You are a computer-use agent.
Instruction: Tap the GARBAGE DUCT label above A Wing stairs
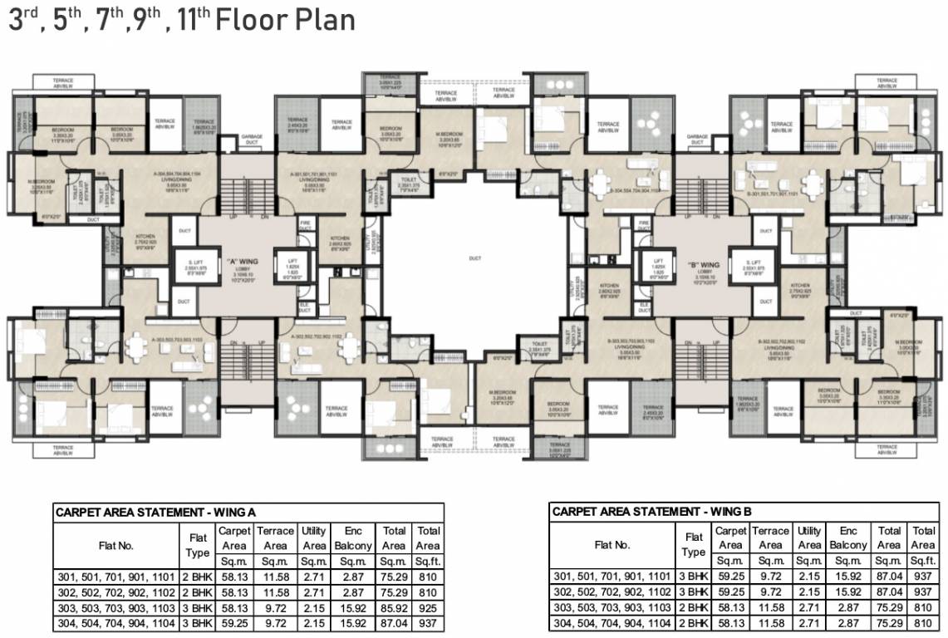point(252,139)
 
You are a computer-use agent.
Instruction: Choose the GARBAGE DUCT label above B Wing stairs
point(698,139)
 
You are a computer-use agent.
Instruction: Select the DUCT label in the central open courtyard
point(474,258)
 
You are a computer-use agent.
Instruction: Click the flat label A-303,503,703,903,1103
point(178,339)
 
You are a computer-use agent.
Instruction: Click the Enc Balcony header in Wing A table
point(352,538)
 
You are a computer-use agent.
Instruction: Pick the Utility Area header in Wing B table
point(808,538)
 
